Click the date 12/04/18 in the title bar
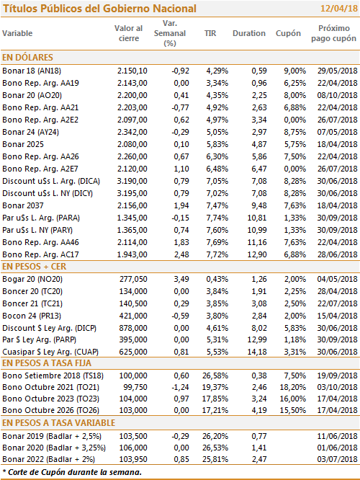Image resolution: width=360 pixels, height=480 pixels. tap(339, 8)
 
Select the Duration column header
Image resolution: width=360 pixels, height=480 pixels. tap(249, 33)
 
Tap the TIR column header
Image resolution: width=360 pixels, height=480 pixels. tap(210, 33)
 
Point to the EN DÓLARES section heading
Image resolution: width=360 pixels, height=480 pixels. tap(27, 58)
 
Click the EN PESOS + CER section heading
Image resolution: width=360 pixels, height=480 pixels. tap(35, 267)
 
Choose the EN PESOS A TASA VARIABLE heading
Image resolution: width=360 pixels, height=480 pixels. tap(59, 423)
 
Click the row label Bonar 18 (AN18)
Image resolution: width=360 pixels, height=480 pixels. tap(32, 71)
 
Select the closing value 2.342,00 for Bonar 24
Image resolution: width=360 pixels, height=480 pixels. tap(132, 132)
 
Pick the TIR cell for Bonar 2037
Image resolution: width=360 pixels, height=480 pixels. tap(217, 205)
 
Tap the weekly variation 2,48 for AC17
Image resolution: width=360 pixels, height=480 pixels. tap(181, 254)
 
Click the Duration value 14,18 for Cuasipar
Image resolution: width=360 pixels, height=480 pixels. tap(257, 352)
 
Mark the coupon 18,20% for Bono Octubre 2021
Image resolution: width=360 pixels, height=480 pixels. tap(293, 387)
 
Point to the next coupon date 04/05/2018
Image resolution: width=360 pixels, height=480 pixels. tap(338, 279)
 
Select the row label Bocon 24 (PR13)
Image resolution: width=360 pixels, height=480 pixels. tap(32, 316)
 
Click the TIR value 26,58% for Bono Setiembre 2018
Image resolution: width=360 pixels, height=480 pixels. tap(215, 375)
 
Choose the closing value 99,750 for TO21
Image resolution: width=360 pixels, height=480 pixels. tap(135, 387)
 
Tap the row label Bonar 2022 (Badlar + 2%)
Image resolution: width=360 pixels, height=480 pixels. tap(49, 459)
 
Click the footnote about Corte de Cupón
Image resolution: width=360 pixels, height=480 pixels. tap(72, 472)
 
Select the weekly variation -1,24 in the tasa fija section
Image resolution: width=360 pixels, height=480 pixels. tap(181, 387)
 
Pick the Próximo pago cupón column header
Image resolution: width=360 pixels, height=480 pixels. tap(333, 33)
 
